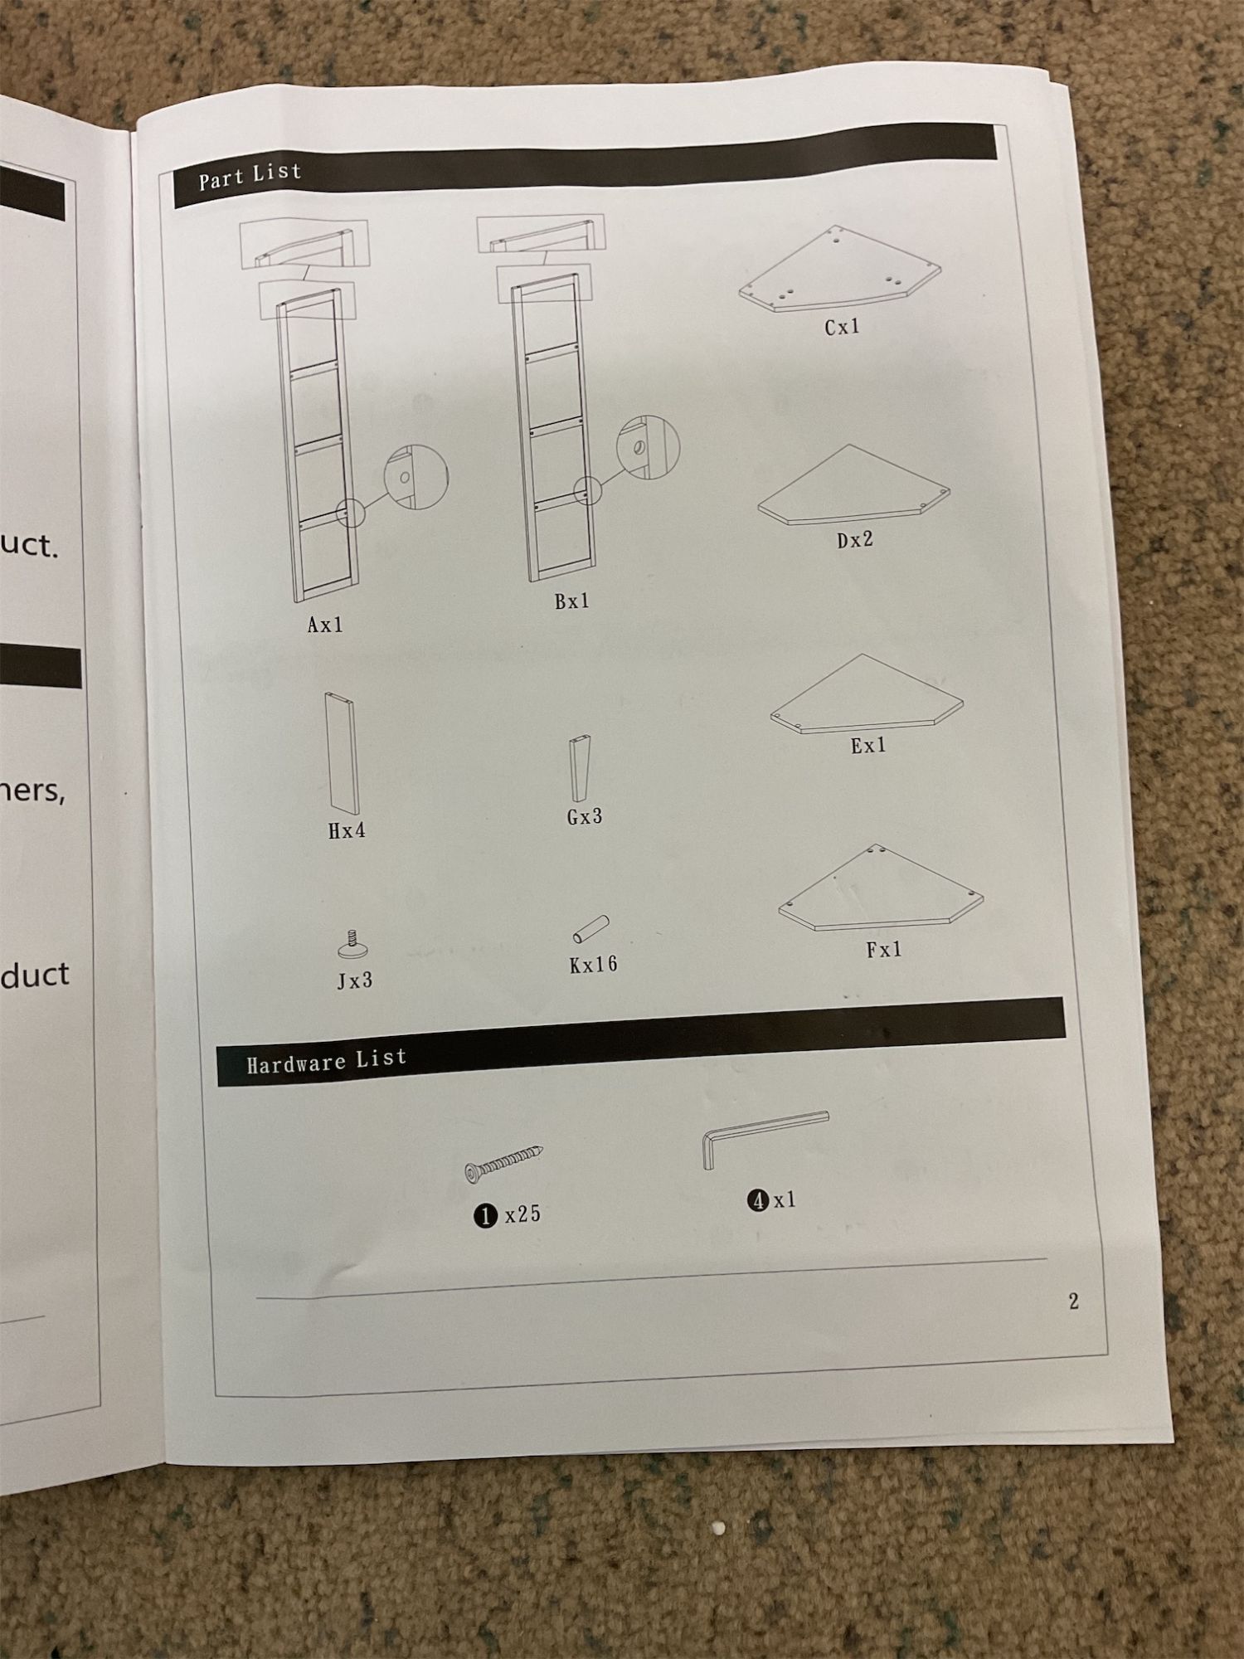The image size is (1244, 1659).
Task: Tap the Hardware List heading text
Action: (x=327, y=1061)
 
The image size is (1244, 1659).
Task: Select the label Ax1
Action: (x=325, y=625)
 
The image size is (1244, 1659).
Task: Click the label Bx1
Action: (x=572, y=601)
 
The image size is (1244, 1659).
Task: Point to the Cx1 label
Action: (x=842, y=328)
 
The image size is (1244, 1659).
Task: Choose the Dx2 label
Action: (x=855, y=540)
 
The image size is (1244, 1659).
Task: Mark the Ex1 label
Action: (x=868, y=746)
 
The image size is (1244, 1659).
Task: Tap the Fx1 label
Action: (x=884, y=950)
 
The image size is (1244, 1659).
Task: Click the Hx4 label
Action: (x=347, y=830)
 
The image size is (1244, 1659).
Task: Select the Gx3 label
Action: (x=585, y=817)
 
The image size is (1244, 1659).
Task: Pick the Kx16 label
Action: (x=594, y=964)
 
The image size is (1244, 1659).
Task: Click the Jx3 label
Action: (x=355, y=981)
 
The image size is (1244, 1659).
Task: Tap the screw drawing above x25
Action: (x=504, y=1162)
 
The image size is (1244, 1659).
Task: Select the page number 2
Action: (x=1074, y=1301)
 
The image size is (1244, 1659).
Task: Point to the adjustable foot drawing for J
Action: (x=353, y=946)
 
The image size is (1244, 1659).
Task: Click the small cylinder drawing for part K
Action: (x=590, y=929)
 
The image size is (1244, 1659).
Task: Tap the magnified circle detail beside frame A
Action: (x=415, y=477)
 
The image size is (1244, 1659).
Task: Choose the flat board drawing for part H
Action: (x=341, y=752)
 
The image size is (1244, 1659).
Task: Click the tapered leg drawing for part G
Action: (x=581, y=768)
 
